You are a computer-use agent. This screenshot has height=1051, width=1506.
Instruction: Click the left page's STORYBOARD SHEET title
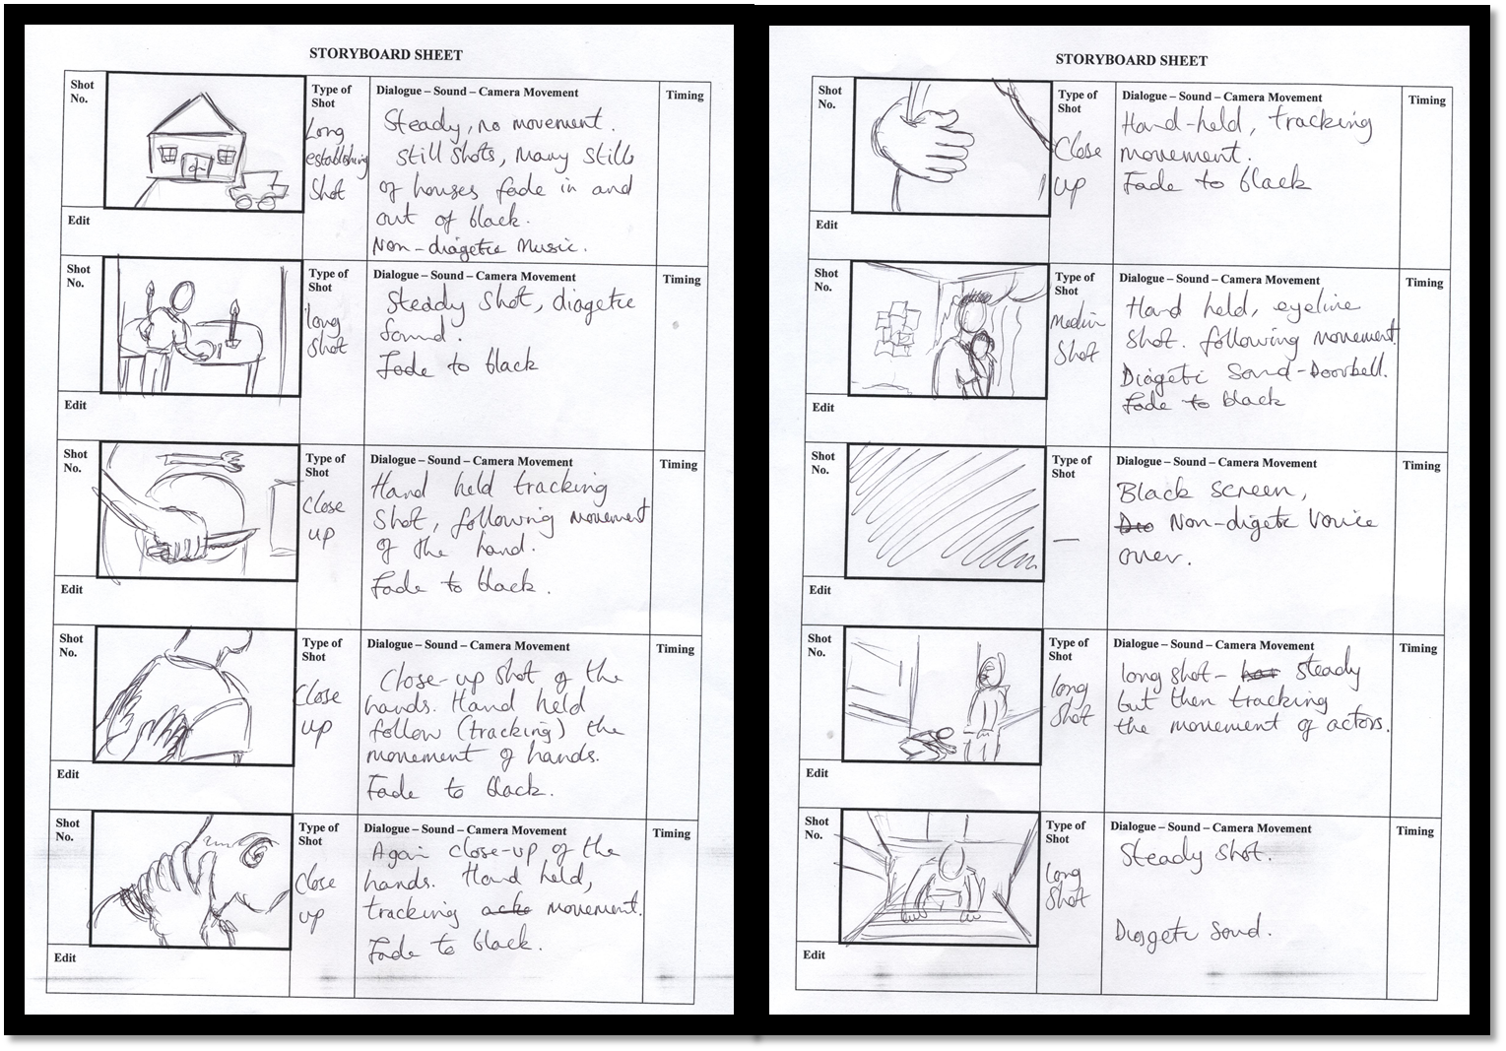tap(386, 55)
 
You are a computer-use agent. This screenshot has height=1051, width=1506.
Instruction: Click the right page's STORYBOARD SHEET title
tap(1131, 59)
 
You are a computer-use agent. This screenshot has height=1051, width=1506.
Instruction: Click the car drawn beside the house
tap(257, 188)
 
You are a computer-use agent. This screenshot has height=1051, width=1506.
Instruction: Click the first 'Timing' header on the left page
tap(684, 96)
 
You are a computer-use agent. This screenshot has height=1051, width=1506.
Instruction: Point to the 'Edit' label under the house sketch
tap(79, 221)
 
